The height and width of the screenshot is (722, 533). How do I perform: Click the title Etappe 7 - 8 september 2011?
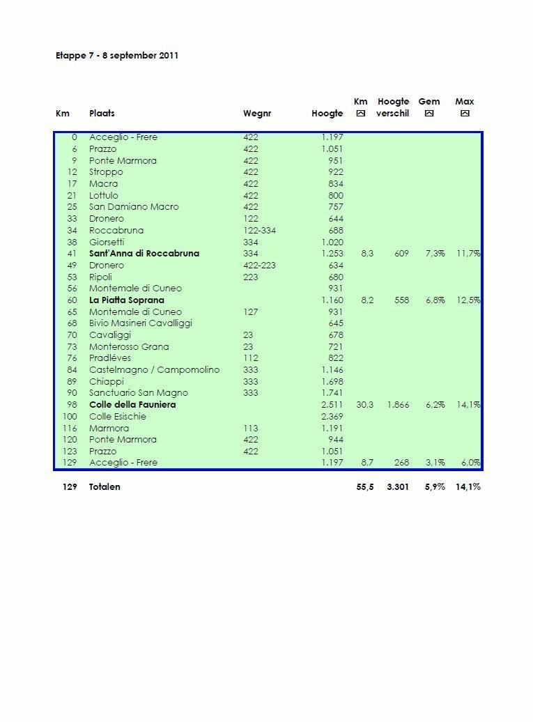[x=117, y=55]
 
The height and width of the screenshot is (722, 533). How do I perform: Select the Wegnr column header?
[x=257, y=113]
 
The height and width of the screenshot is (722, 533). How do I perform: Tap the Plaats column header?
[x=102, y=113]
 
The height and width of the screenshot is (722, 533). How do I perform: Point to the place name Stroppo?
[x=106, y=172]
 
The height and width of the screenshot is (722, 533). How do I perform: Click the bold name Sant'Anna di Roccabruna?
[x=144, y=254]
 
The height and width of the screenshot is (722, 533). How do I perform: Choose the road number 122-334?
[x=260, y=230]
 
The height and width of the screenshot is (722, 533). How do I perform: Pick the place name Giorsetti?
[x=107, y=242]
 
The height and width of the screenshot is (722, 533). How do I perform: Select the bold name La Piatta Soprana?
[x=127, y=300]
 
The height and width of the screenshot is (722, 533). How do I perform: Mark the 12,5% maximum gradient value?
[x=468, y=300]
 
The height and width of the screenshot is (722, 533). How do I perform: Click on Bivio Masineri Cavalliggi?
[x=141, y=323]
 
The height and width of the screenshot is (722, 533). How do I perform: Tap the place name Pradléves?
[x=110, y=358]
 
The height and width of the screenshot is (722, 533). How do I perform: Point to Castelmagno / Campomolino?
[x=154, y=370]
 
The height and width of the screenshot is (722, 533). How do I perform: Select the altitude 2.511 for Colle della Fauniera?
[x=332, y=405]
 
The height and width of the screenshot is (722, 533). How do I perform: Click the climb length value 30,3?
[x=364, y=405]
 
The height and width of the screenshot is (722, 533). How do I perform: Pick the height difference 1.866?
[x=398, y=405]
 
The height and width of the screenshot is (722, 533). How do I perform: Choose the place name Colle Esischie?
[x=118, y=417]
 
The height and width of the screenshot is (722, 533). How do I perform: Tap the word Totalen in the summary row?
[x=105, y=487]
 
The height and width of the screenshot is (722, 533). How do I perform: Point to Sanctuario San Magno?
[x=139, y=393]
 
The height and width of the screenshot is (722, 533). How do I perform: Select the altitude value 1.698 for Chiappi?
[x=332, y=382]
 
